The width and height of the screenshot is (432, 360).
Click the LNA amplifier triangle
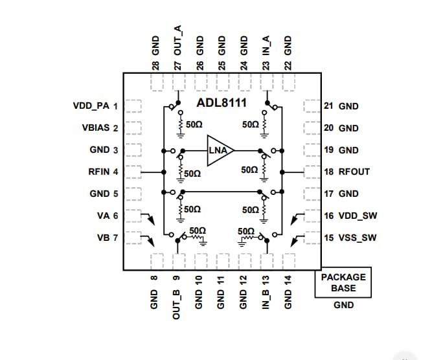[219, 150]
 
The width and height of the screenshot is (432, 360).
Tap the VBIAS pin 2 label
[100, 128]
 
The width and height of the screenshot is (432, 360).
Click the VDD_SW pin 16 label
[350, 216]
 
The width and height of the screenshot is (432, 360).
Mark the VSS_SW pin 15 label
[350, 238]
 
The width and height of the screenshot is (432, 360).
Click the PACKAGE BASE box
[343, 282]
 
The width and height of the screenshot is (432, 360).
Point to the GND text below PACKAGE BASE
[343, 305]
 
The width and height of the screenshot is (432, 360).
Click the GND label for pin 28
[155, 55]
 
